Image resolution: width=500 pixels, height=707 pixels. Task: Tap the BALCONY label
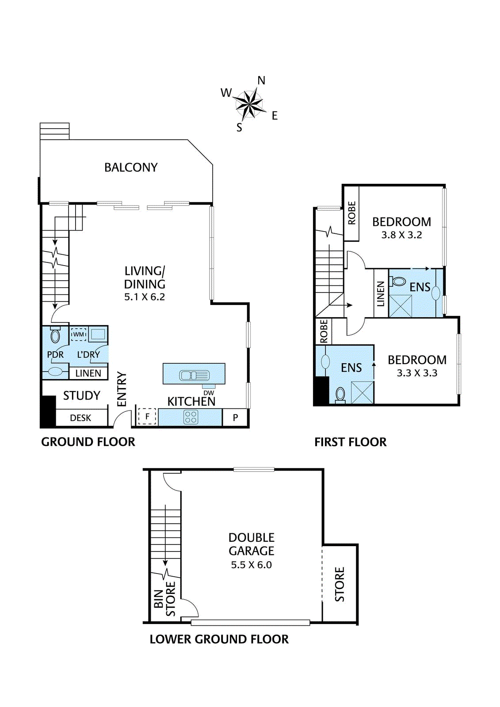(131, 167)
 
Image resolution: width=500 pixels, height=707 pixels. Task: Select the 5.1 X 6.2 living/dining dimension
(145, 297)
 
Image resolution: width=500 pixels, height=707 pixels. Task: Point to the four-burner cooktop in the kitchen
(191, 417)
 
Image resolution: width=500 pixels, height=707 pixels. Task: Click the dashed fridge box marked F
(147, 416)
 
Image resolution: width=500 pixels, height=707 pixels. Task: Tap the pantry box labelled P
(235, 417)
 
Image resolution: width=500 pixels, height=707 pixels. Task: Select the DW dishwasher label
(209, 392)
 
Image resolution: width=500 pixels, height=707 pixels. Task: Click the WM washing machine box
(79, 334)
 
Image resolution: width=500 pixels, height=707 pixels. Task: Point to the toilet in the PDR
(55, 336)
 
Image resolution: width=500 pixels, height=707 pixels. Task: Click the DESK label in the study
(80, 418)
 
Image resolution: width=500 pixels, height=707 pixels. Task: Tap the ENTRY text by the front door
(122, 389)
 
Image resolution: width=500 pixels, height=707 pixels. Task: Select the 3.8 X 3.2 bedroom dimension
(401, 235)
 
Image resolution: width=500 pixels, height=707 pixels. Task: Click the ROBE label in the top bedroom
(351, 213)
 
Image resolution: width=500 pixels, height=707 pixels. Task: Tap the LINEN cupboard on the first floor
(381, 294)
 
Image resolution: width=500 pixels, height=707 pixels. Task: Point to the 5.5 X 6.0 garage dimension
(251, 565)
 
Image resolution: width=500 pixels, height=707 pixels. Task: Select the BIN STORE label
(164, 599)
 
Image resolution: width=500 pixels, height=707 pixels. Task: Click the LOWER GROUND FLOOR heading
(219, 639)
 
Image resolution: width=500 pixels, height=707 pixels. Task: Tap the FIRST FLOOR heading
(350, 442)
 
